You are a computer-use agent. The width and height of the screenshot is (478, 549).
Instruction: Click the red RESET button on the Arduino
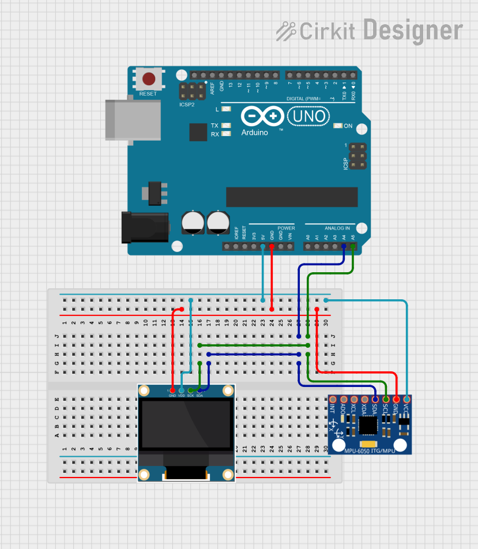pyautogui.click(x=148, y=79)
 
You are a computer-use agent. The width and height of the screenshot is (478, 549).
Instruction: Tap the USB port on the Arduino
pyautogui.click(x=132, y=119)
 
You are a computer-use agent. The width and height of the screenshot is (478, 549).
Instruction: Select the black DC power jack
pyautogui.click(x=144, y=227)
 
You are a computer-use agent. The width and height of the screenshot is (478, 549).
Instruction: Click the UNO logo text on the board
pyautogui.click(x=309, y=117)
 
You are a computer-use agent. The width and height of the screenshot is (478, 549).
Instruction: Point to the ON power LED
pyautogui.click(x=338, y=126)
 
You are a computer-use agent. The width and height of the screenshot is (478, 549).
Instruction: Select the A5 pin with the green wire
pyautogui.click(x=352, y=247)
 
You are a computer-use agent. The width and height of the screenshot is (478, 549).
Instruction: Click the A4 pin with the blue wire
pyautogui.click(x=344, y=247)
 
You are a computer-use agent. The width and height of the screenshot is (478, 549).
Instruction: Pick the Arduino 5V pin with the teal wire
pyautogui.click(x=263, y=247)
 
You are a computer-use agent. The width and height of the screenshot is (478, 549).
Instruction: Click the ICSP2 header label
pyautogui.click(x=187, y=105)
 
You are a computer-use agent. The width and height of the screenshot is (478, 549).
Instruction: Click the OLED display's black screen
pyautogui.click(x=186, y=425)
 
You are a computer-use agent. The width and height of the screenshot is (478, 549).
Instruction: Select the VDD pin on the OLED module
pyautogui.click(x=182, y=391)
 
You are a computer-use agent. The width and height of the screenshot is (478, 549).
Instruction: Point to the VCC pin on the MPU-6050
pyautogui.click(x=407, y=399)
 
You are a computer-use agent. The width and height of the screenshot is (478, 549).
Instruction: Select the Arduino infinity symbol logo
pyautogui.click(x=263, y=117)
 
